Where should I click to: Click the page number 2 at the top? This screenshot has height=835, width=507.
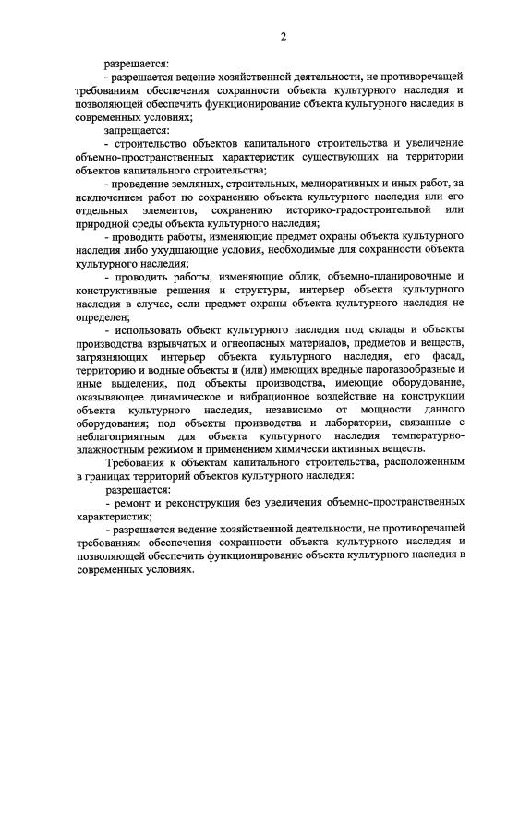pyautogui.click(x=284, y=37)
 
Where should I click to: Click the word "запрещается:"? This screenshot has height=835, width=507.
pyautogui.click(x=136, y=131)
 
